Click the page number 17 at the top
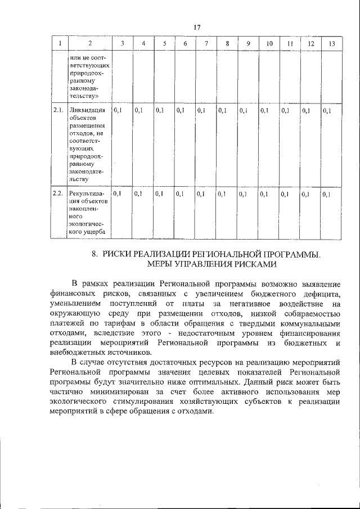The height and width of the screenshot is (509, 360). point(197,28)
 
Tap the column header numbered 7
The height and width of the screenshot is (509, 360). point(206,43)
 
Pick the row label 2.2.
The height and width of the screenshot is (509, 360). point(57,194)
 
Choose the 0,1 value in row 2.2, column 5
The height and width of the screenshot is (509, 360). point(159,194)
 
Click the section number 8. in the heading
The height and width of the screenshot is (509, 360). point(96,254)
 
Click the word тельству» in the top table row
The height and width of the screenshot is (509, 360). point(88,97)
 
